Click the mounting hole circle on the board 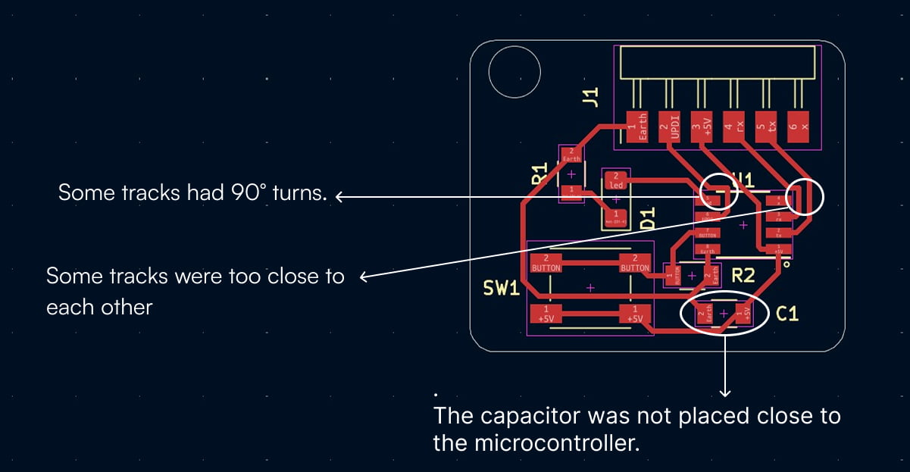514,72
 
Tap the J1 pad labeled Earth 637,127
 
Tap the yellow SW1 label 502,288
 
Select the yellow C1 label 787,313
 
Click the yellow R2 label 743,275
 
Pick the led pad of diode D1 616,180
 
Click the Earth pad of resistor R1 571,155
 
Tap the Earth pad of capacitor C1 705,314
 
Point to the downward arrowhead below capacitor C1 725,392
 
